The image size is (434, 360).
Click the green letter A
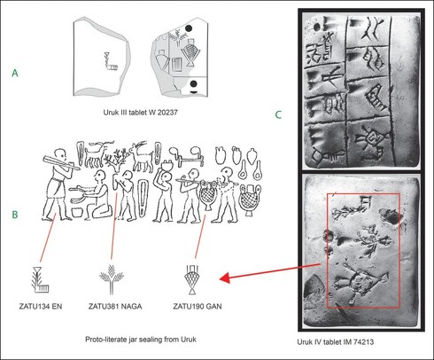tap(15, 73)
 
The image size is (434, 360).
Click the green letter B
tap(15, 215)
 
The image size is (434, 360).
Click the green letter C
tap(278, 114)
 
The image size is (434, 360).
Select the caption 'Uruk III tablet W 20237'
tap(140, 113)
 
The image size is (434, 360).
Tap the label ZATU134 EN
tap(41, 306)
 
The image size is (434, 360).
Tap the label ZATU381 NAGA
tap(115, 306)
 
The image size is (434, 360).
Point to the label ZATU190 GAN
tap(198, 306)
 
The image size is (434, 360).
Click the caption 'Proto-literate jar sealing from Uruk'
tap(141, 340)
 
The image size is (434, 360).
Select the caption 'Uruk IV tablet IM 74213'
tap(336, 342)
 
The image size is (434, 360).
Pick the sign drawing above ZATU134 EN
tap(41, 279)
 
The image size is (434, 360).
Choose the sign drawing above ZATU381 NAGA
tap(112, 279)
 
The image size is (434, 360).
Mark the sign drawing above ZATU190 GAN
tap(192, 279)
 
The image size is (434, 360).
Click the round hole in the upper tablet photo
tap(316, 27)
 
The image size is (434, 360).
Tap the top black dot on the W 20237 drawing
tap(189, 28)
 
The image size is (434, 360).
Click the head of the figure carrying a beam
tap(61, 154)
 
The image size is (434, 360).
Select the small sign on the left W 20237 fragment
tap(111, 61)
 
